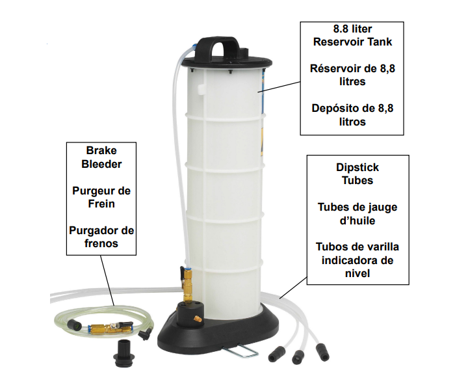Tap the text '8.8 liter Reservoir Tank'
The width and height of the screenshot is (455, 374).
coord(352,35)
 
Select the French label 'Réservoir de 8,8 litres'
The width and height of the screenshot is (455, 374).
coord(352,75)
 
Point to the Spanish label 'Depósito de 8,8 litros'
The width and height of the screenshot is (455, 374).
coord(352,114)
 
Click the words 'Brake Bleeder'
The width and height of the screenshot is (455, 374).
coord(101,157)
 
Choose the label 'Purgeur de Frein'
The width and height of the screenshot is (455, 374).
coord(101,197)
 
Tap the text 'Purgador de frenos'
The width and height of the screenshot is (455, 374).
coord(101,237)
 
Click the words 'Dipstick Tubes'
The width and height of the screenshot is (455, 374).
coord(357,174)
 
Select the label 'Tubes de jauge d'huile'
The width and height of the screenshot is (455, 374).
coord(357,214)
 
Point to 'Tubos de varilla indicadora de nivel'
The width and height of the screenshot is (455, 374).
coord(357,260)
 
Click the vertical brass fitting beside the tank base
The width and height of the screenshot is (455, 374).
coord(187,285)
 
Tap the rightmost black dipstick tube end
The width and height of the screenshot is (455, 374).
coord(322,352)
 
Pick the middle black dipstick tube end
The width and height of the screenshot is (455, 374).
coord(298,357)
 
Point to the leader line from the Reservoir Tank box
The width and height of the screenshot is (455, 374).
coord(279,87)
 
